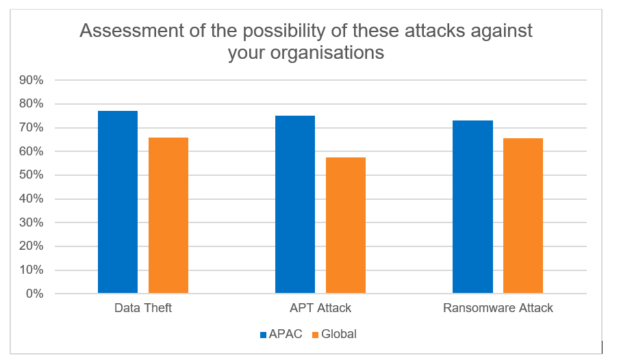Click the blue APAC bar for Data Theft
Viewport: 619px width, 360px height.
[118, 202]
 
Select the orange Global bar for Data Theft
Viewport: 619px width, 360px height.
[168, 216]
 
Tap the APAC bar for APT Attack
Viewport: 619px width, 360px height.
[295, 205]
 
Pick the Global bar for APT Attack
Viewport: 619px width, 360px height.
[345, 225]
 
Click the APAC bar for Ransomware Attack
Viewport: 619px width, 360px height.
[472, 207]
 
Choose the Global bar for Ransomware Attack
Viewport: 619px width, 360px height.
[523, 216]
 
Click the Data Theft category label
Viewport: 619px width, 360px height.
[143, 308]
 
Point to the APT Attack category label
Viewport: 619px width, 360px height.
[320, 308]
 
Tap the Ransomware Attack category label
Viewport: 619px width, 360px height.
[498, 308]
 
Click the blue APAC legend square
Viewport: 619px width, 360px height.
[264, 335]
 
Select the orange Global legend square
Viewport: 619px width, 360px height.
[315, 335]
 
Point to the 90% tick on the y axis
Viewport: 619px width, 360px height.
[31, 80]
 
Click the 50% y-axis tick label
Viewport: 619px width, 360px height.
[31, 175]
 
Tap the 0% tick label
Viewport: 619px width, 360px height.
[35, 294]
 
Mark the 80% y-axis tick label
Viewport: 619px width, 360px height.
[31, 104]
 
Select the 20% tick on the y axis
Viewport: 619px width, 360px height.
[31, 246]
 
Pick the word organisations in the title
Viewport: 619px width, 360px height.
[327, 53]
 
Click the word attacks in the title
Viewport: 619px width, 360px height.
[409, 31]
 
